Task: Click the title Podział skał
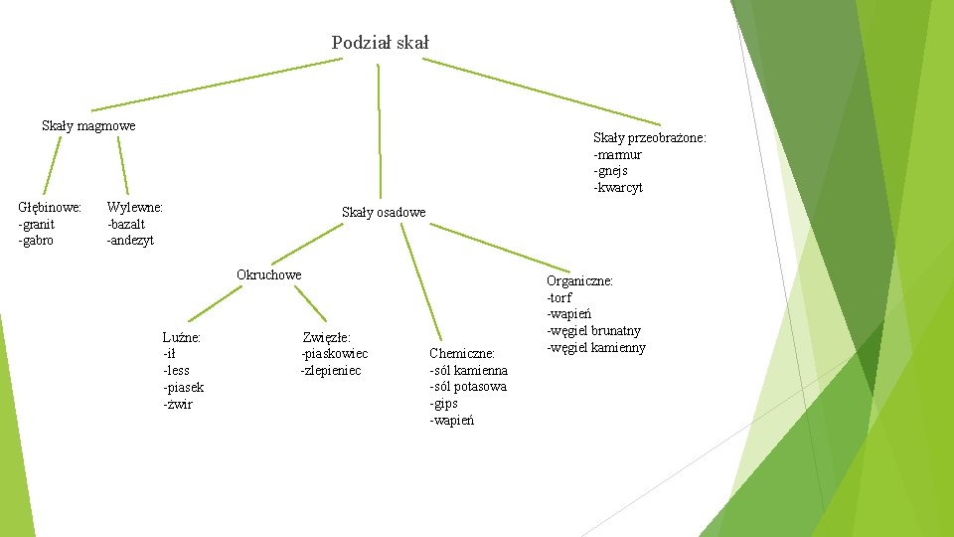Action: coord(380,43)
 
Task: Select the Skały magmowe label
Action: coord(88,125)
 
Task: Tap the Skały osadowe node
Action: coord(384,212)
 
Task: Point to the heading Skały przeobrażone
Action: coord(649,137)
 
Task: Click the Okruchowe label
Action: coord(268,274)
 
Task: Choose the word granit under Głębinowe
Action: coord(39,224)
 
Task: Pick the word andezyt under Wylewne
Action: coord(132,241)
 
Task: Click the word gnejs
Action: coord(612,171)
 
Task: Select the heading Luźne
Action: coord(182,337)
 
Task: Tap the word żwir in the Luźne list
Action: coord(179,404)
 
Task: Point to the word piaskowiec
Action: coord(335,354)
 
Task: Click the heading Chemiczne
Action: coord(462,353)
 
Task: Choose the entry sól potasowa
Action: coord(468,386)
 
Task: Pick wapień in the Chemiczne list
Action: coord(452,420)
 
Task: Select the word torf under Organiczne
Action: coord(560,297)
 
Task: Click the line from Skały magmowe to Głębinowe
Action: coord(51,164)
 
